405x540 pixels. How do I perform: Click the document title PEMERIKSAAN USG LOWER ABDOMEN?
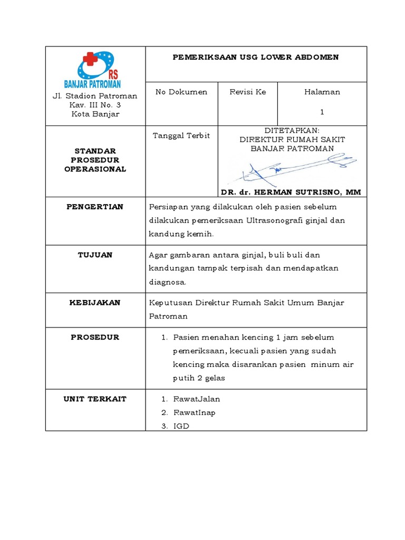[x=256, y=57]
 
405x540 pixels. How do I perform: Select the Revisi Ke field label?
[x=248, y=92]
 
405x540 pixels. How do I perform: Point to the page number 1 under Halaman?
[x=322, y=112]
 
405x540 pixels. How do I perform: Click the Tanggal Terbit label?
[x=181, y=136]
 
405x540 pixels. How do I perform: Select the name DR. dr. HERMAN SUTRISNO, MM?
[x=292, y=192]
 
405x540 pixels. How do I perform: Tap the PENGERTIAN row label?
[x=95, y=207]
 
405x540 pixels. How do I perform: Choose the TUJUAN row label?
[x=95, y=255]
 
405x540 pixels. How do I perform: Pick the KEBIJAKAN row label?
[x=95, y=303]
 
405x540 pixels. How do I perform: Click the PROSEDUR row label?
[x=95, y=337]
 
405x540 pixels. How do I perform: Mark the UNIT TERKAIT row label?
[x=95, y=399]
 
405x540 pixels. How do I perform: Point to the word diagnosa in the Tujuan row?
[x=167, y=282]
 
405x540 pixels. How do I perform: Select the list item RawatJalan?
[x=196, y=399]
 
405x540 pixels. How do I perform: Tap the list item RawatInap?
[x=194, y=412]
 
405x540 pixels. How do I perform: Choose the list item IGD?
[x=181, y=426]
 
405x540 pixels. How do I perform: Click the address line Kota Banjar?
[x=95, y=114]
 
